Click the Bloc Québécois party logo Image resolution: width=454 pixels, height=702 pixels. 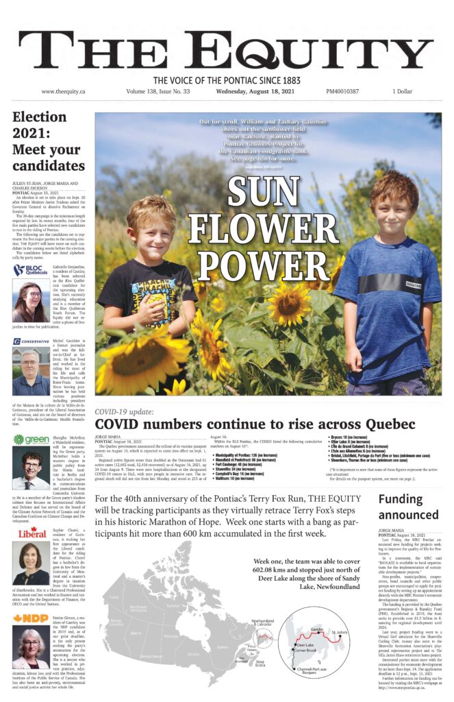click(30, 270)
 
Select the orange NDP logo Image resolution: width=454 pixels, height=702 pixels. click(31, 618)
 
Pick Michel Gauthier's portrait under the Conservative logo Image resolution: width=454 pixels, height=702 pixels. click(31, 372)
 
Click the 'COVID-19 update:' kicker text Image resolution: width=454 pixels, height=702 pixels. click(124, 411)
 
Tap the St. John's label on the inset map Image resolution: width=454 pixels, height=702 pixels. click(340, 631)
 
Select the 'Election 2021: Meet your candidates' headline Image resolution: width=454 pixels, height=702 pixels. click(48, 141)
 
